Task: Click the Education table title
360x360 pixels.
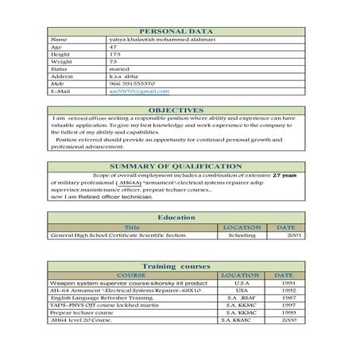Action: [x=176, y=217]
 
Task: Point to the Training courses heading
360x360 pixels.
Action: [x=176, y=265]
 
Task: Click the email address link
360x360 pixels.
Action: [x=134, y=92]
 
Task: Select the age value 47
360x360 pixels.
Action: [x=113, y=46]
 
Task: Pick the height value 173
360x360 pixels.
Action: [x=114, y=53]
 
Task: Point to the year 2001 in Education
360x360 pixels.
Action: [x=295, y=236]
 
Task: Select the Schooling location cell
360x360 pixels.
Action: [x=242, y=236]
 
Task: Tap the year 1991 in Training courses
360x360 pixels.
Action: [x=288, y=283]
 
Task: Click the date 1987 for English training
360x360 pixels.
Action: [x=288, y=298]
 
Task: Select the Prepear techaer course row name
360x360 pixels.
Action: [x=78, y=312]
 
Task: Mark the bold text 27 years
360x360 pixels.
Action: [x=285, y=175]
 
